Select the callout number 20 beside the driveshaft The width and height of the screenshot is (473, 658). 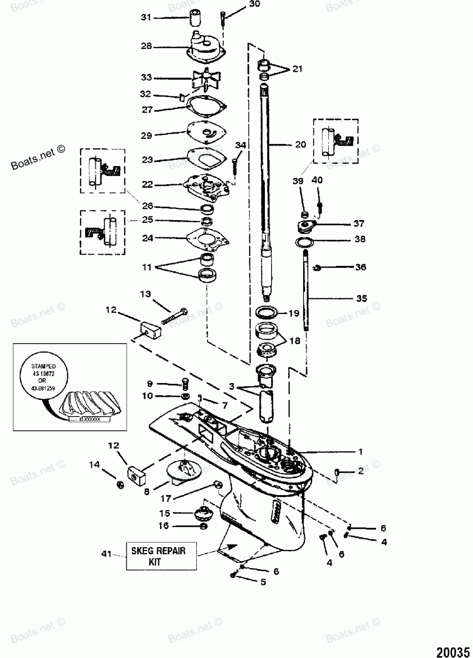pyautogui.click(x=300, y=144)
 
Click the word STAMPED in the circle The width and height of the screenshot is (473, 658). pyautogui.click(x=44, y=366)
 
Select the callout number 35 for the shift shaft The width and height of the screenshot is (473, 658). pyautogui.click(x=361, y=299)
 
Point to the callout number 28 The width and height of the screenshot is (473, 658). pyautogui.click(x=146, y=46)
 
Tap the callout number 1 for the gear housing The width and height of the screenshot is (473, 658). pyautogui.click(x=360, y=452)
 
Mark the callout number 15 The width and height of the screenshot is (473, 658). pyautogui.click(x=164, y=513)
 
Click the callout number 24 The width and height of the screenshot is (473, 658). pyautogui.click(x=148, y=239)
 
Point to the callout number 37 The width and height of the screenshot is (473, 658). pyautogui.click(x=360, y=223)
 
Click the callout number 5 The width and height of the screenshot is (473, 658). pyautogui.click(x=263, y=582)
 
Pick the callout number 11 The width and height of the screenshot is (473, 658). pyautogui.click(x=147, y=267)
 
